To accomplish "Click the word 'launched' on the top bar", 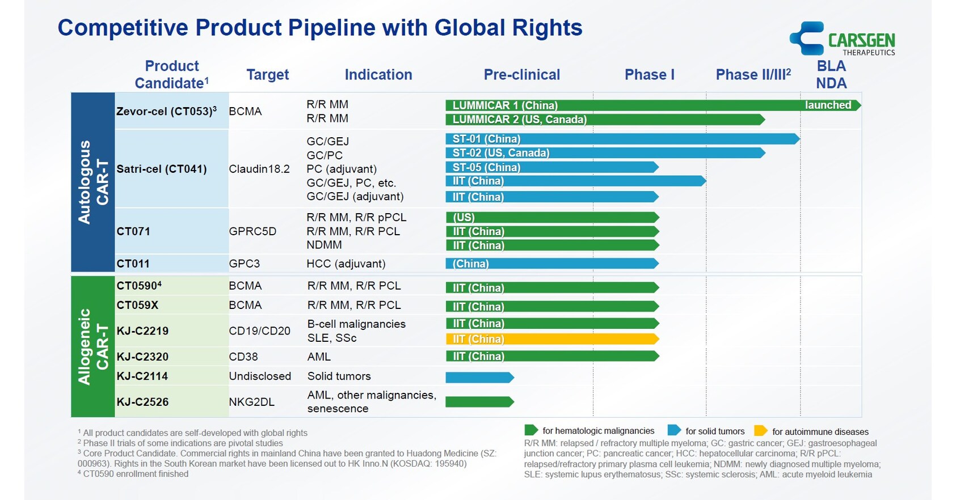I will (827, 105).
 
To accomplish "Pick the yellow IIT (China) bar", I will (551, 339).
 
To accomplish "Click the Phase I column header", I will (649, 75).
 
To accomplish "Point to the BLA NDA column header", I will (831, 75).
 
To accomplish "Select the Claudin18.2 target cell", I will (259, 169).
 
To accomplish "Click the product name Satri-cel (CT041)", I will (161, 169).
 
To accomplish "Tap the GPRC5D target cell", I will (252, 231).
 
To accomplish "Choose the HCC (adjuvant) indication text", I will (346, 264).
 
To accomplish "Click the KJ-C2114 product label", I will (142, 376).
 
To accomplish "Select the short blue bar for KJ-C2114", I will (479, 378).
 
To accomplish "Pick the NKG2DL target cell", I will (251, 402).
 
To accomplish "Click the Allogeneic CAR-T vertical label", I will (92, 346).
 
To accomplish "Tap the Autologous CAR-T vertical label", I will (92, 182).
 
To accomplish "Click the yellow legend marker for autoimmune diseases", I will (760, 431).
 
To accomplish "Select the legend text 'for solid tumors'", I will (714, 431).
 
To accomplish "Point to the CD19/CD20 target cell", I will (259, 331).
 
